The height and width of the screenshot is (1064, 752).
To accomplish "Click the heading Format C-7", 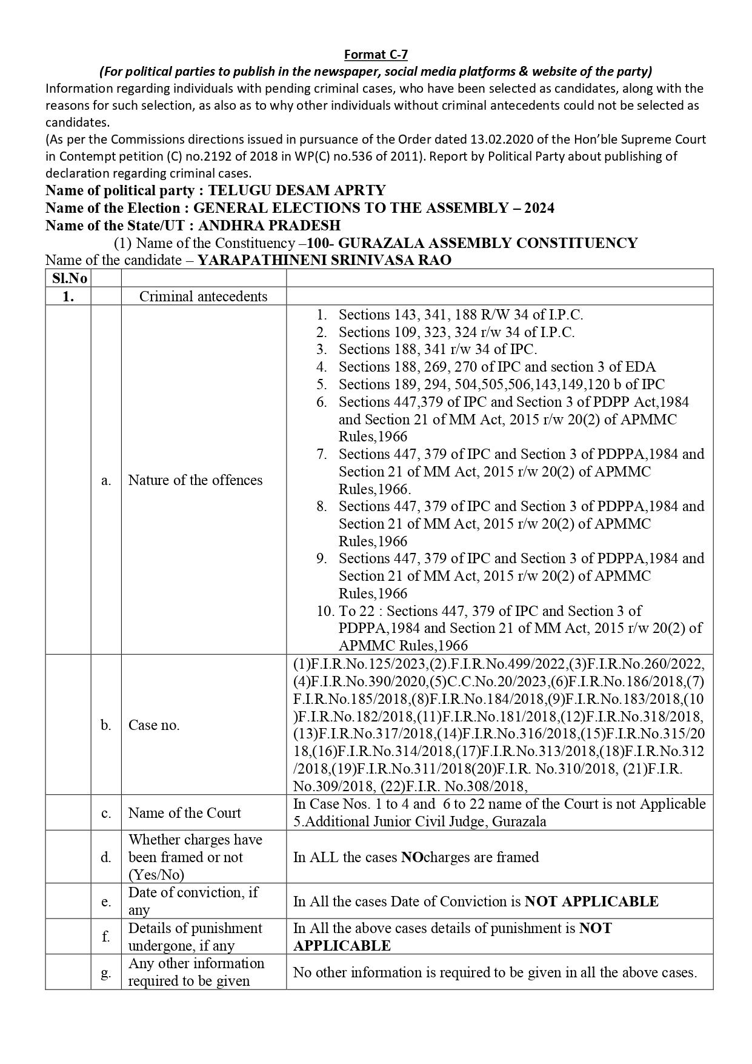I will point(376,55).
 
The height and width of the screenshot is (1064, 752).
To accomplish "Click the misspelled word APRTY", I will point(358,190).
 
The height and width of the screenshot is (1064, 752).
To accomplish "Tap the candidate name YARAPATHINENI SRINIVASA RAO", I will point(324,260).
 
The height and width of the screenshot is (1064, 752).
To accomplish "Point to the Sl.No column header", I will point(68,278).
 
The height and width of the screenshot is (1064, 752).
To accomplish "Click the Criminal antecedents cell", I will point(203,296).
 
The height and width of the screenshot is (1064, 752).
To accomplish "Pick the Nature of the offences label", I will point(195,480).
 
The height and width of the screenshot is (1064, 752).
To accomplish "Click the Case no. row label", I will point(154,725).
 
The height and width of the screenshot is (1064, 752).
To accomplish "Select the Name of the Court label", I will point(184,813).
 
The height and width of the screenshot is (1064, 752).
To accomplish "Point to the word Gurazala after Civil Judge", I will point(519,822).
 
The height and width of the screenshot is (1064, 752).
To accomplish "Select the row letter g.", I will point(106,974).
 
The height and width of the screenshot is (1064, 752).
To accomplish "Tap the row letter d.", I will point(106,857).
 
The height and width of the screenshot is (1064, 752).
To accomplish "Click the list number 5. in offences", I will point(322,384).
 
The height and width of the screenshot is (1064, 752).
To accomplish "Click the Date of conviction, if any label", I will point(193,901).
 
